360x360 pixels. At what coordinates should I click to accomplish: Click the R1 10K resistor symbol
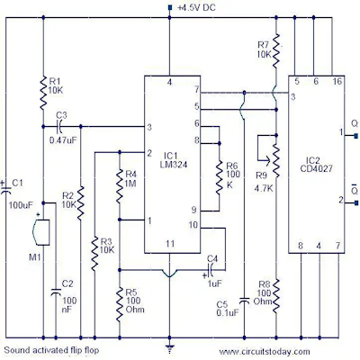(43, 93)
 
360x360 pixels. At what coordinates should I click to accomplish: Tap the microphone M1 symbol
(41, 232)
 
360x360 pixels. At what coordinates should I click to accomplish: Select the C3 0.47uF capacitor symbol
(59, 126)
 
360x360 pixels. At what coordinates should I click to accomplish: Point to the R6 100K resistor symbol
(220, 177)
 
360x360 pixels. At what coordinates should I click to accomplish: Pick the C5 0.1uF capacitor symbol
(245, 301)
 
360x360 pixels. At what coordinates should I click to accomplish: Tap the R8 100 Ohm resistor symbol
(276, 296)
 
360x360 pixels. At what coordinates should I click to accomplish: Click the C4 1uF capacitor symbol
(211, 270)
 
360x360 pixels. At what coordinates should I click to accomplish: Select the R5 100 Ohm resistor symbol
(120, 304)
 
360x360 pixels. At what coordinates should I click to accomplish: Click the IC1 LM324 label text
(175, 160)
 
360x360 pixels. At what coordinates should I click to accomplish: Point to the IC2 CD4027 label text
(317, 165)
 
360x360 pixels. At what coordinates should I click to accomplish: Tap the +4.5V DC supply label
(196, 7)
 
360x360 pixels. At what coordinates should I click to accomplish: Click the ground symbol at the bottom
(170, 349)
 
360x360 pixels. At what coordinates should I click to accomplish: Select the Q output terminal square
(356, 135)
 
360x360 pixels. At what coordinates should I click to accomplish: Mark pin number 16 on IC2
(337, 81)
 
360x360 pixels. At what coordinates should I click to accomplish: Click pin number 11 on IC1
(170, 244)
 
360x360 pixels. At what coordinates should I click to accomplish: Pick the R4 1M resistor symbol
(120, 186)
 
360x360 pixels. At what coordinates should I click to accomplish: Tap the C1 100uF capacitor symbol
(5, 188)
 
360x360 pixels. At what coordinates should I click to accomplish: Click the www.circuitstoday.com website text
(265, 351)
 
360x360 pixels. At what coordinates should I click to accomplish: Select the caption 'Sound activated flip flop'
(51, 350)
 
